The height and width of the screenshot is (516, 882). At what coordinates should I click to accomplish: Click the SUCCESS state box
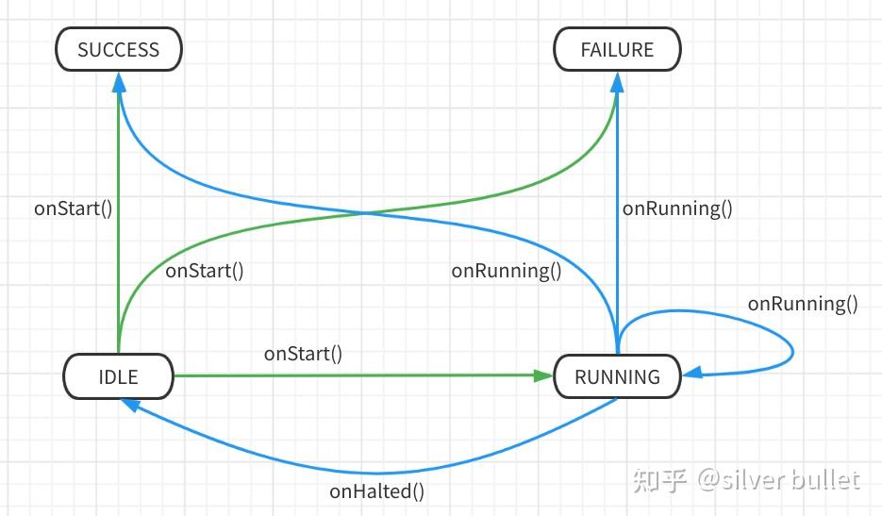118,49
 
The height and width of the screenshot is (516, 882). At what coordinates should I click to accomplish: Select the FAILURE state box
617,49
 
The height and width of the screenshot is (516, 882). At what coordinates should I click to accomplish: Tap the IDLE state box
118,376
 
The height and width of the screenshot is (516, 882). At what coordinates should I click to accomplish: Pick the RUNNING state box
617,376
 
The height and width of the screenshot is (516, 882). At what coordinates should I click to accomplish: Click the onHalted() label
376,491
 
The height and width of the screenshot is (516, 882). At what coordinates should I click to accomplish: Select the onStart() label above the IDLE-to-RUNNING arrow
303,354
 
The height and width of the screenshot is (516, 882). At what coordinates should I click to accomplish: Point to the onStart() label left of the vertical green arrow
73,208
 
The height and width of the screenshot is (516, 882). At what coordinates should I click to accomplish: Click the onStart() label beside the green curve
204,271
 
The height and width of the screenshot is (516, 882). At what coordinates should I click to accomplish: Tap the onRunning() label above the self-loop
803,303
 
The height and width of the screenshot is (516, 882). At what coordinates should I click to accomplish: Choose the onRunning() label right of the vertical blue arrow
677,208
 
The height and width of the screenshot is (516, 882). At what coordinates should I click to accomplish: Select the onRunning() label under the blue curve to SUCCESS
506,271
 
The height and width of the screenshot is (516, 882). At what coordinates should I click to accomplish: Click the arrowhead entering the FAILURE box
617,82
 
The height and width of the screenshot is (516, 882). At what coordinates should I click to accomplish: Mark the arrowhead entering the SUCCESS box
119,82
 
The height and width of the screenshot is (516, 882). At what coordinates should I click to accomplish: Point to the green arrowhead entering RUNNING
543,375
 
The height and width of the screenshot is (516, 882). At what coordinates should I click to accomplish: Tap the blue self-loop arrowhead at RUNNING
692,375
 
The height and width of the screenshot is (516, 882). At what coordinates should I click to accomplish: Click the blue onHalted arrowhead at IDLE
129,404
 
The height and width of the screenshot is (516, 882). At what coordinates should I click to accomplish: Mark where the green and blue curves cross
366,213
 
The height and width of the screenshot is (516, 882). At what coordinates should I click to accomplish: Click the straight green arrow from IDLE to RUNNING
358,375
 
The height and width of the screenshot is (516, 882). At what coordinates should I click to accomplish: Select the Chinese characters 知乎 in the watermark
659,480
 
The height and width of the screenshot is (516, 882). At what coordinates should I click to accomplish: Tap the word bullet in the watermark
826,480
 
